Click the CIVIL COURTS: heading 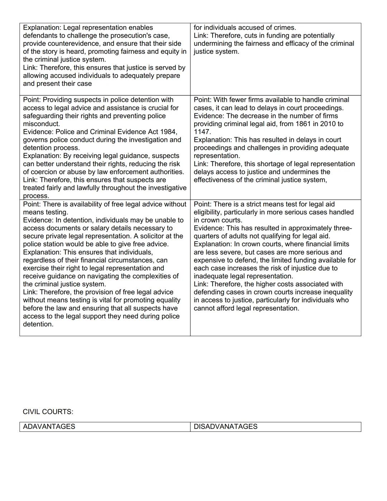[48, 412]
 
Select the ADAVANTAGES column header [49, 426]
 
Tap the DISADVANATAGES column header [225, 426]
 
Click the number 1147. [202, 132]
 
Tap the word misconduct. [41, 124]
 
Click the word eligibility [207, 212]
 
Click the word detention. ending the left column [38, 324]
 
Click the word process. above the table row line [36, 196]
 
